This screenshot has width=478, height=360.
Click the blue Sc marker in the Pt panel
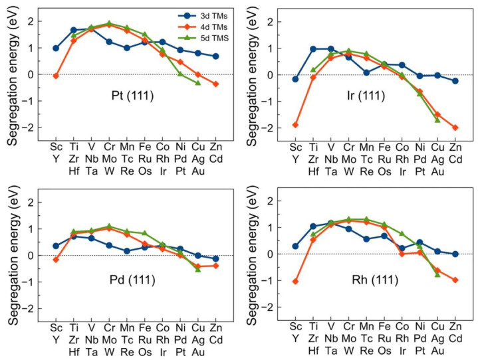coord(56,48)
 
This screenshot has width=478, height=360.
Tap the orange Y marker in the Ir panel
coord(295,125)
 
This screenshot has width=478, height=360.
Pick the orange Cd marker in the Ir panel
coord(454,128)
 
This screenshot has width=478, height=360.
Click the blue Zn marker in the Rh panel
coord(454,254)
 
